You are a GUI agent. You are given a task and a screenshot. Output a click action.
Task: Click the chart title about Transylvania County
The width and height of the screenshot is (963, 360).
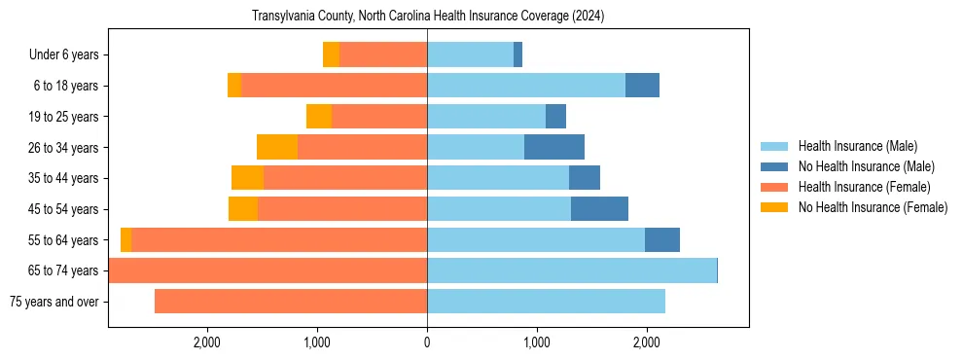pos(428,17)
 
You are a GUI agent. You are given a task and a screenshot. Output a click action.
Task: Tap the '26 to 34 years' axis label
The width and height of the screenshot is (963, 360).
pos(64,147)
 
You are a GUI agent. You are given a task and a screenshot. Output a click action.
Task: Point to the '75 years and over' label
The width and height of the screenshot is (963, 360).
pos(54,302)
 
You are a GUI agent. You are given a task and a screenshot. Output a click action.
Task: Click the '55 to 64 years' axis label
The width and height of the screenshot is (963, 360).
pos(64,239)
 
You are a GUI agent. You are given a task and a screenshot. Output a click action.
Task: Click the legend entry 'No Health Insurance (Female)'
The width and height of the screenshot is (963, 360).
pos(873,207)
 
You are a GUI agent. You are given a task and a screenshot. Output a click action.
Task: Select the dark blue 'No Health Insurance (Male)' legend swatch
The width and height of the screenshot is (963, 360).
pos(775,166)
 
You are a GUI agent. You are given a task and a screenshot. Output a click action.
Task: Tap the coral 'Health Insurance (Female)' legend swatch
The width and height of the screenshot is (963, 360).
pos(775,187)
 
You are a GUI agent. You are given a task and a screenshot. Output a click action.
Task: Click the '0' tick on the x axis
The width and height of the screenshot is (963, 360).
pos(427,342)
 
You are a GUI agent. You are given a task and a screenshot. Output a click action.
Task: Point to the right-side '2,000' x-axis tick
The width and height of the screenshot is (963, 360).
pos(647,342)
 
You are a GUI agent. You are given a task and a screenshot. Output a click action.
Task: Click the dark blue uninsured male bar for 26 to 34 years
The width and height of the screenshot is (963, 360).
pos(554,147)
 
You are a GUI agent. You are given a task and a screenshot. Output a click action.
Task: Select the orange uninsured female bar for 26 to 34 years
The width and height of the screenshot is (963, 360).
pos(277,147)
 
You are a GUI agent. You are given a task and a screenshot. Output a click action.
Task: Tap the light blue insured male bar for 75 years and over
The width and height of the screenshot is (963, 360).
pos(546,302)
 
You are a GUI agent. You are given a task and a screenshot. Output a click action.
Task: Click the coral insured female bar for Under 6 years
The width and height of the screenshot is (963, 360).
pos(383,54)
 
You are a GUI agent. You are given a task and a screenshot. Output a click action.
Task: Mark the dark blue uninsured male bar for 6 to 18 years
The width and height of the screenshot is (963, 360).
pos(642,86)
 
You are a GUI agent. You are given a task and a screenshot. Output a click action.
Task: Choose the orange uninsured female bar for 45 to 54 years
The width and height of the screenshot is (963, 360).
pos(243,209)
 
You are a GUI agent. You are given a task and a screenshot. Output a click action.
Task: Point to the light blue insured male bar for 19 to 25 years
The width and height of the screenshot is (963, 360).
pos(486,117)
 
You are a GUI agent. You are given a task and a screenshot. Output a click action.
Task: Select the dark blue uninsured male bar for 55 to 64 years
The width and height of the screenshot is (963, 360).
pos(662,239)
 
